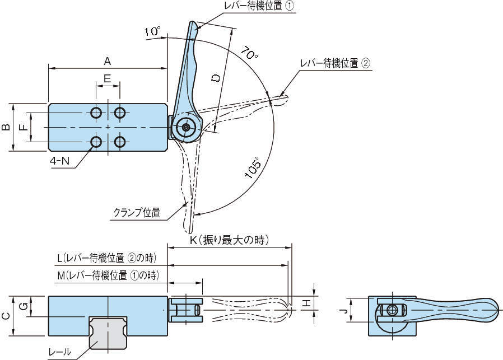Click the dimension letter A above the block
click(x=108, y=60)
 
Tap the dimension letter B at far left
click(x=6, y=127)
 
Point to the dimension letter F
click(x=22, y=127)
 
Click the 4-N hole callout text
click(x=60, y=161)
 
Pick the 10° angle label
click(x=152, y=32)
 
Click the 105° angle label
click(x=253, y=167)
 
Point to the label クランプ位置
click(x=137, y=212)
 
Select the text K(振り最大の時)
click(x=230, y=241)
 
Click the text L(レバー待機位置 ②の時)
click(x=106, y=258)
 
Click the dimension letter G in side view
click(x=23, y=306)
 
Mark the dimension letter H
click(x=306, y=303)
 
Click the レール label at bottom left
click(x=60, y=352)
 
